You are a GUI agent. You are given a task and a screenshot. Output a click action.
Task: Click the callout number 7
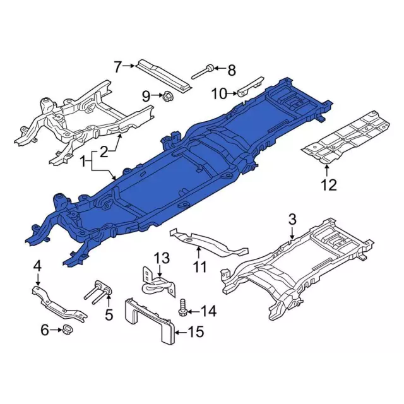click(117, 66)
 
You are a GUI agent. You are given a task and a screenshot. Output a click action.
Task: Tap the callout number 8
click(232, 70)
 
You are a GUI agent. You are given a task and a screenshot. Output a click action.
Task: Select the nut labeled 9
click(168, 97)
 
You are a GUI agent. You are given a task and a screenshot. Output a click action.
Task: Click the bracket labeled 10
click(250, 87)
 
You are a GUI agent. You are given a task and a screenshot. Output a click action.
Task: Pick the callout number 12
click(329, 185)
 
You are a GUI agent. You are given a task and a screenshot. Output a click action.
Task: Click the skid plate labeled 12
click(347, 138)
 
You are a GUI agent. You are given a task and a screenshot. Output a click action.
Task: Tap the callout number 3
click(292, 220)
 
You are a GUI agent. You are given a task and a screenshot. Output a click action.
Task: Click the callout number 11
click(200, 266)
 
